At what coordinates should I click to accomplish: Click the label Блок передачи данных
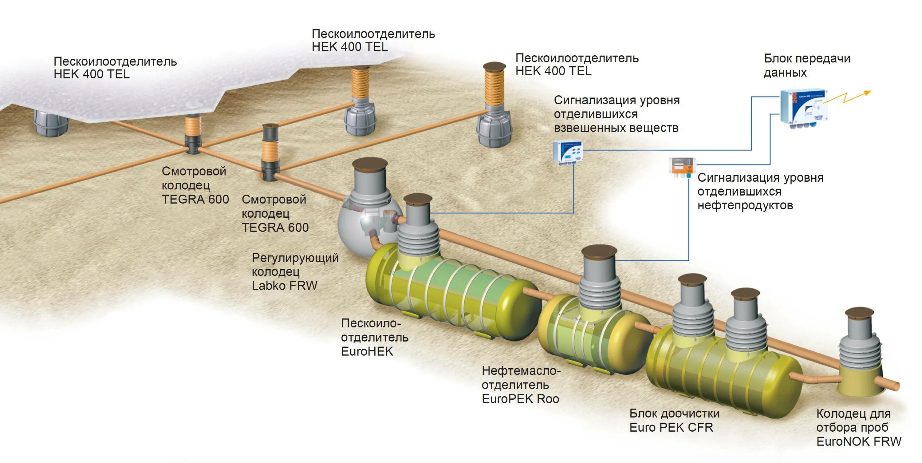coord(807,65)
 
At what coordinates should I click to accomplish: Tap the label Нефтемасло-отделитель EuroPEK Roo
coord(521,385)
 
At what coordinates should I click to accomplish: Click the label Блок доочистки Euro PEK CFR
coord(674,420)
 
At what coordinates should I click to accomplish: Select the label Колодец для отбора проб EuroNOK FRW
coord(858,427)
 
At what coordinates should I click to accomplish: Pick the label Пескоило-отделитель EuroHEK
coord(374,337)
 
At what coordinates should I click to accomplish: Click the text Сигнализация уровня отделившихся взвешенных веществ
coord(616,114)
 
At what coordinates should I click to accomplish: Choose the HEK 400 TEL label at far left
coord(115,68)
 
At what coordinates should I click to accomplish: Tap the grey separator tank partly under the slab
coord(51,123)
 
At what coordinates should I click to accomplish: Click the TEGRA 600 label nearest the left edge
coord(195,185)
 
